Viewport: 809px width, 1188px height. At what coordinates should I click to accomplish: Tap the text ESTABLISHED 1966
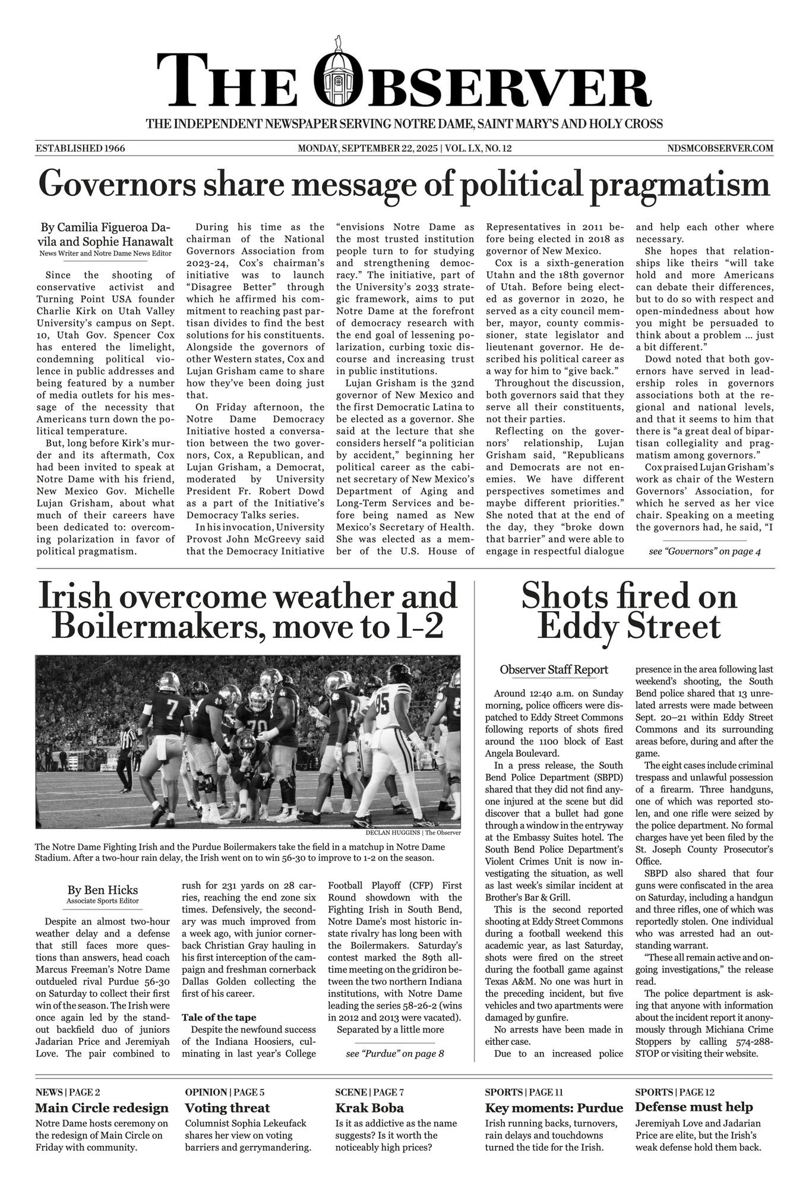click(x=80, y=148)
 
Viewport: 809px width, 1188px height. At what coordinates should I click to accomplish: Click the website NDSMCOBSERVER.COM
click(x=720, y=148)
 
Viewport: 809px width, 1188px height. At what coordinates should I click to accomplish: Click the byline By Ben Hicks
click(x=103, y=890)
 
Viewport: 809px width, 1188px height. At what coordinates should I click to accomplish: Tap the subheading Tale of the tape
click(x=219, y=1018)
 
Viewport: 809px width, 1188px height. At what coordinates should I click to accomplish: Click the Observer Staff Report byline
click(x=554, y=669)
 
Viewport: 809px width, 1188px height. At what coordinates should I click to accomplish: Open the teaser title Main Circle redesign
click(x=102, y=1108)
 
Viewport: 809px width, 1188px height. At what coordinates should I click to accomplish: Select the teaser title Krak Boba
click(x=369, y=1108)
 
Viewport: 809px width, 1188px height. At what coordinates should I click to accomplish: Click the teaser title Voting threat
click(x=227, y=1108)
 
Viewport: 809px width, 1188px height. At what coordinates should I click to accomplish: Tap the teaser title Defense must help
click(x=693, y=1107)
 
